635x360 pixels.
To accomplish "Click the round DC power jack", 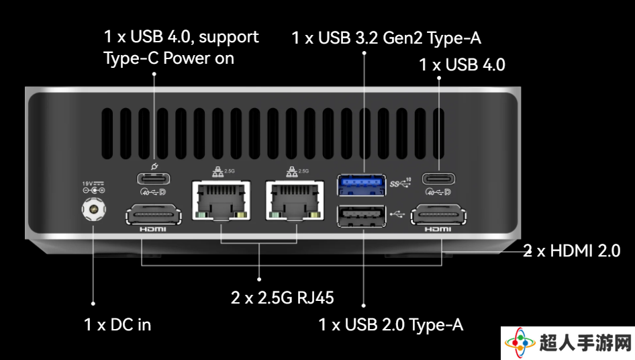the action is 94,209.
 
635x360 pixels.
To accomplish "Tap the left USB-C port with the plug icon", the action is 154,179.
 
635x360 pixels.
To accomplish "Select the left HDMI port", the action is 154,214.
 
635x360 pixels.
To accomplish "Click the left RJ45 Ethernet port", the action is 221,201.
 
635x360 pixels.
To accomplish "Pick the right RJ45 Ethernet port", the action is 295,201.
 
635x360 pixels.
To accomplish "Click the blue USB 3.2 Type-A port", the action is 361,185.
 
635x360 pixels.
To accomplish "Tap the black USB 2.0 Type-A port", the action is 361,216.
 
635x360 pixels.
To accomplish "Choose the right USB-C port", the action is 438,179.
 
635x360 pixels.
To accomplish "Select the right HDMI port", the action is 438,214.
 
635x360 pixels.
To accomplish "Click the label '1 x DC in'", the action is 117,324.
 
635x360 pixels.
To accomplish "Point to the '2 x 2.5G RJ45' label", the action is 283,298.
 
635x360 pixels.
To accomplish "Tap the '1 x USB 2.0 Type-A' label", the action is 391,324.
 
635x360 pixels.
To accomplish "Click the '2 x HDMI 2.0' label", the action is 572,251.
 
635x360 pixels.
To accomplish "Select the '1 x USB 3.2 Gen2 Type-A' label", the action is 387,38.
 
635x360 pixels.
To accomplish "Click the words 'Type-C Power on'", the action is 169,58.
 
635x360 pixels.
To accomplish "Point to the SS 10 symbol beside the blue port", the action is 400,183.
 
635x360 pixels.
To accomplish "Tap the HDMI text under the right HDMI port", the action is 438,230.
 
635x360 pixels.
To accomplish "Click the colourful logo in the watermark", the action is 520,343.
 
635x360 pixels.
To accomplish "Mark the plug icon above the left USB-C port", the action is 154,166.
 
